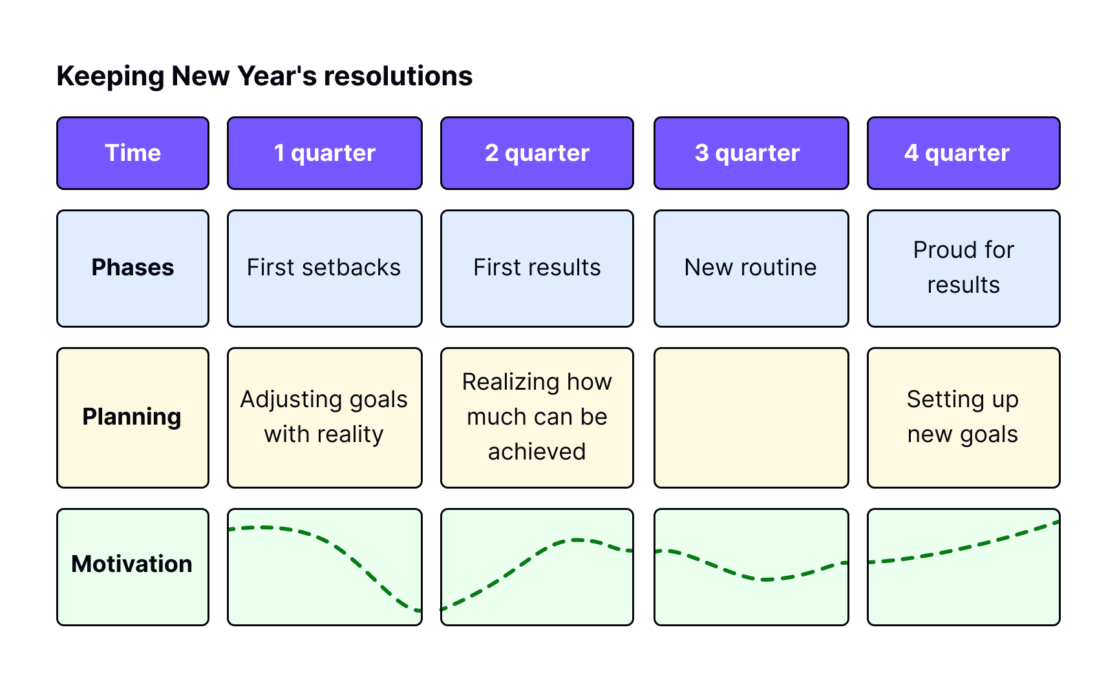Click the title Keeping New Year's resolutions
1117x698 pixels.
264,76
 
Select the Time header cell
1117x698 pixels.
133,153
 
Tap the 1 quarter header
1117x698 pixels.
324,153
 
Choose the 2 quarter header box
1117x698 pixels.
537,153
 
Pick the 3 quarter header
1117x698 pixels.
751,153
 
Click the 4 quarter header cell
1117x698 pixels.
964,153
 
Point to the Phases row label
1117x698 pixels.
133,268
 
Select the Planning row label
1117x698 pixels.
133,418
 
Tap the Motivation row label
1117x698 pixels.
133,567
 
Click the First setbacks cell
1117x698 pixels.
324,268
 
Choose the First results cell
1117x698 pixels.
537,268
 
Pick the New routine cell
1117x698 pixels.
751,268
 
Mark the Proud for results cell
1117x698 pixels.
964,268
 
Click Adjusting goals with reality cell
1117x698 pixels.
324,418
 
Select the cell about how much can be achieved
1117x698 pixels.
537,418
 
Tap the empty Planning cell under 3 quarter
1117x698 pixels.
751,418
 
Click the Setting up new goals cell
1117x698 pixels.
964,418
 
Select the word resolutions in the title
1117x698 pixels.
398,76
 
